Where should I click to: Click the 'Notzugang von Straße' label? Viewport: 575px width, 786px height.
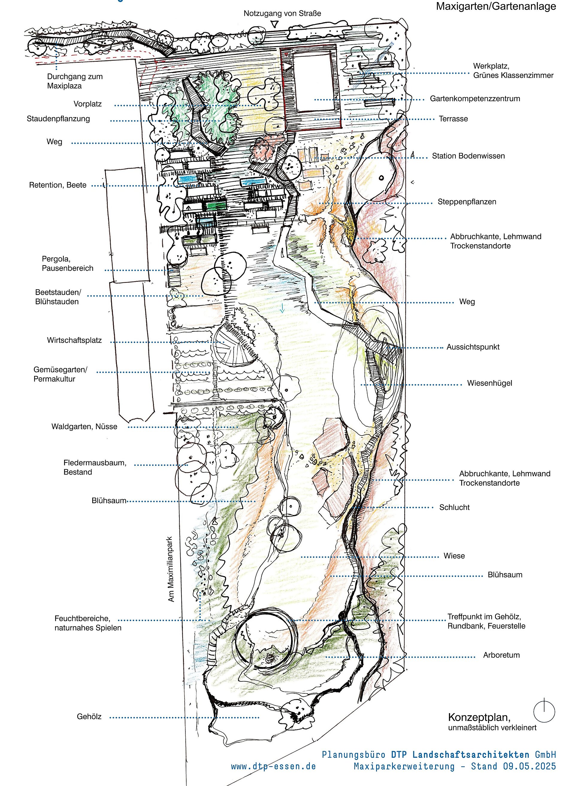(282, 13)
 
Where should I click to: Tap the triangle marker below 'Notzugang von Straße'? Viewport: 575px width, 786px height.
(275, 24)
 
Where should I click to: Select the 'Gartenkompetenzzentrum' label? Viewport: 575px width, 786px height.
(475, 99)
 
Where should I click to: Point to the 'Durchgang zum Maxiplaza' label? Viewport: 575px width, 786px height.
(75, 81)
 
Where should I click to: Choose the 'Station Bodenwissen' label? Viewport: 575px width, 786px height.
(468, 156)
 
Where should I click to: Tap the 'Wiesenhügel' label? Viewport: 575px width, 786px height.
(489, 383)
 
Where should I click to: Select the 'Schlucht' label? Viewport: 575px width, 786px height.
(454, 507)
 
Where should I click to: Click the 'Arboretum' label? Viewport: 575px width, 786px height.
(501, 655)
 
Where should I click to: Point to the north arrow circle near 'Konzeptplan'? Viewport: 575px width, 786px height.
(544, 711)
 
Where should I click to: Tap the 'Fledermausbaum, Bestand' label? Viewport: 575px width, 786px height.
(95, 467)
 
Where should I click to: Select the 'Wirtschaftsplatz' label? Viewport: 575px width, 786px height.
(75, 341)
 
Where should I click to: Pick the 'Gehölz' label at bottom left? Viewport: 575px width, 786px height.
(89, 717)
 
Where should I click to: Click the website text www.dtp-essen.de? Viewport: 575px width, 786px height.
(273, 767)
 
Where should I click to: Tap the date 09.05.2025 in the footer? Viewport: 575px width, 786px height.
(529, 767)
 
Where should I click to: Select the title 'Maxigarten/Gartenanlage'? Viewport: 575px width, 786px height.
(496, 7)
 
